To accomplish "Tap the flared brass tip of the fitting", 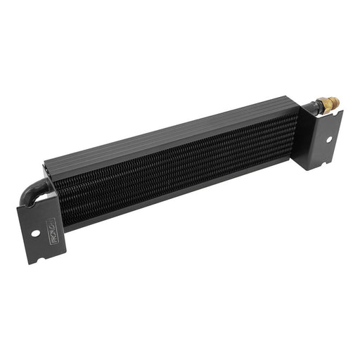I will click(x=335, y=101).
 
